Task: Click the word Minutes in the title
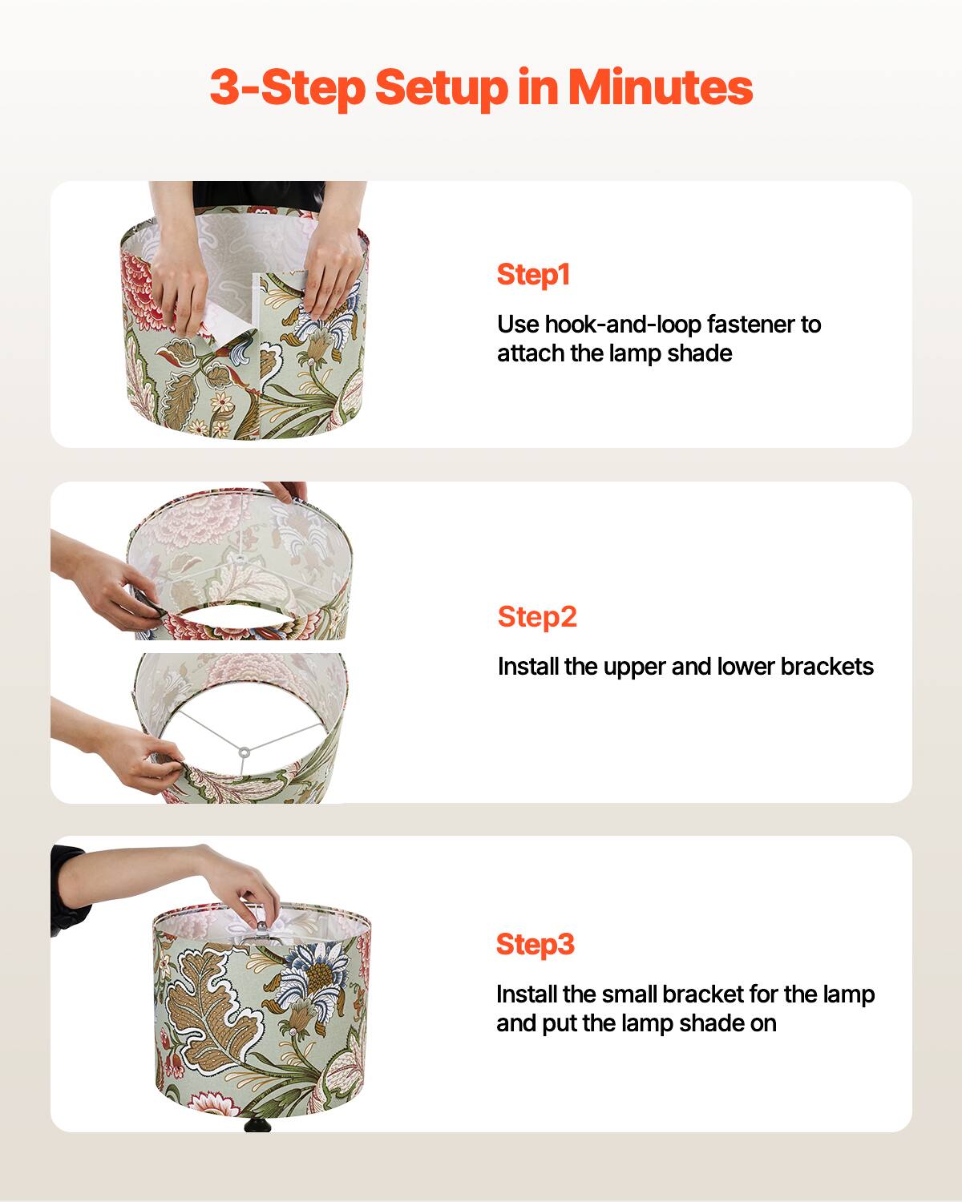[661, 88]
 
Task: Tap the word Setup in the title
[441, 88]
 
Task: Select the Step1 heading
[533, 275]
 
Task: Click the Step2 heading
[537, 617]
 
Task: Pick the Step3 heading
[536, 944]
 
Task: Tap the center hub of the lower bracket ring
[241, 751]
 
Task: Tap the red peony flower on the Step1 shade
[148, 296]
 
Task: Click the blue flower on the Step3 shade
[321, 962]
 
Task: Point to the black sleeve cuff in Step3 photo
[68, 889]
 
